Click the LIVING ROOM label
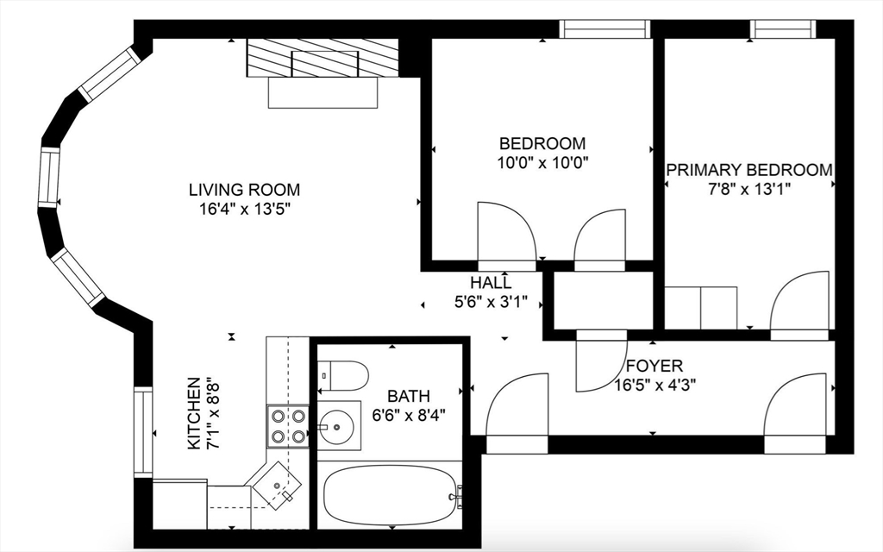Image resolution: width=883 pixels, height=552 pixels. click(x=245, y=190)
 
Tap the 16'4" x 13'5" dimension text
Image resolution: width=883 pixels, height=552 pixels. click(x=245, y=209)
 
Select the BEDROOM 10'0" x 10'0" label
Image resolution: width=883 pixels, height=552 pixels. click(x=542, y=152)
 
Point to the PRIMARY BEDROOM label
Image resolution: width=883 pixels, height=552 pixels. click(x=749, y=170)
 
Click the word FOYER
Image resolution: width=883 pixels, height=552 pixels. click(x=654, y=366)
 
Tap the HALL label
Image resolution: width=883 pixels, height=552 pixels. click(x=491, y=283)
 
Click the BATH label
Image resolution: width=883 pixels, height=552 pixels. click(x=408, y=397)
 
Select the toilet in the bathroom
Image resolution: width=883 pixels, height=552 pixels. click(x=343, y=375)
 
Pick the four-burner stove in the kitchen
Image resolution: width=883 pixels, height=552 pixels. click(x=287, y=425)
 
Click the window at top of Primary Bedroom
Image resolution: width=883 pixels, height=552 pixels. click(x=783, y=29)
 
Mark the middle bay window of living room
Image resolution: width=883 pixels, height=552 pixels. click(x=49, y=178)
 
